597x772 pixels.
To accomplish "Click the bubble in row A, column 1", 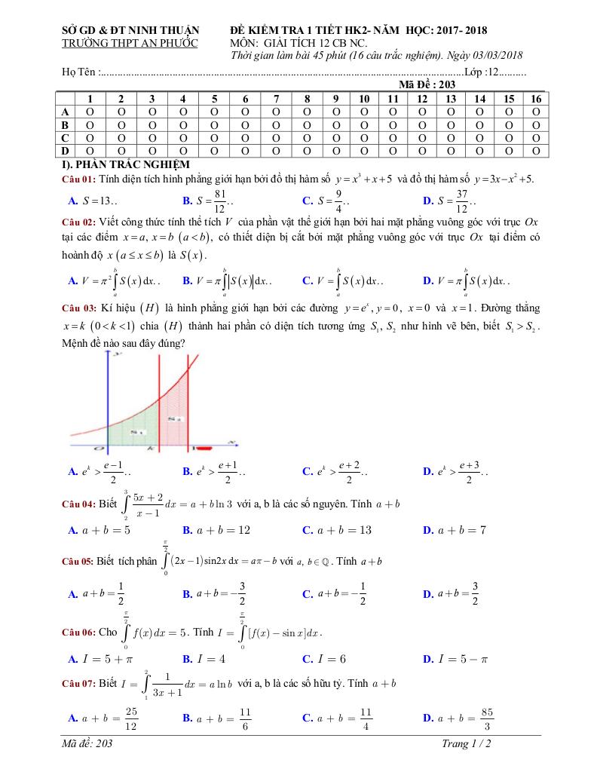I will click(x=90, y=112).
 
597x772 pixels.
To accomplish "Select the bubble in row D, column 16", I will click(x=536, y=150).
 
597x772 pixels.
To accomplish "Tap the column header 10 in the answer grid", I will click(x=363, y=99).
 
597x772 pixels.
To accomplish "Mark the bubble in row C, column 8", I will click(x=307, y=137).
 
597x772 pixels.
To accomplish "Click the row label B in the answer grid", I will click(x=66, y=124).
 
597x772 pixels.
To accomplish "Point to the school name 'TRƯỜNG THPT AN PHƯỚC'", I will click(x=129, y=43).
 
